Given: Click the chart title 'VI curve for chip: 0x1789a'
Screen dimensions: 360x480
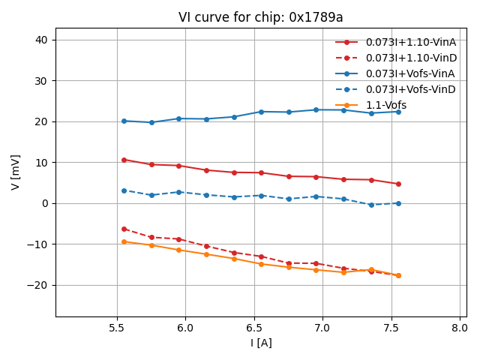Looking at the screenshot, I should tap(260, 17).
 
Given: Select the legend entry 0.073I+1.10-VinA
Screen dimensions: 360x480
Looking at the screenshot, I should tap(411, 42).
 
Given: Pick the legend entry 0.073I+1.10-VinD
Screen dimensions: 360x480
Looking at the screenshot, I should tap(411, 58).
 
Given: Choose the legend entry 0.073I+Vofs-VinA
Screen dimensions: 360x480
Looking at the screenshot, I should tap(410, 73).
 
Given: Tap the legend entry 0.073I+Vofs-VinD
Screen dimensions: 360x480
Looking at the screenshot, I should tap(410, 89).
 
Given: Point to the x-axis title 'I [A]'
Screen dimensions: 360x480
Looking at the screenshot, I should tap(261, 343).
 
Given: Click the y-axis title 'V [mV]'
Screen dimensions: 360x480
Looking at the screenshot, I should tap(16, 172).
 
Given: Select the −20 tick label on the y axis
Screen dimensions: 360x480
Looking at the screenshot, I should tap(39, 285).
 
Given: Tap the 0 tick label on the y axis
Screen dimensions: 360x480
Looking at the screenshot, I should tap(46, 203).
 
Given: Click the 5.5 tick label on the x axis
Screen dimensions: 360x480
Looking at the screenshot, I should tap(117, 328).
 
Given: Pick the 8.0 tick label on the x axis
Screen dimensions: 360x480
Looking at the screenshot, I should tap(460, 328).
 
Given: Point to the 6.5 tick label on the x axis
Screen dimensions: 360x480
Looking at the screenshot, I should tap(254, 328).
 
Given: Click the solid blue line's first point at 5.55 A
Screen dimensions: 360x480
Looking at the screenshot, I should tap(124, 121).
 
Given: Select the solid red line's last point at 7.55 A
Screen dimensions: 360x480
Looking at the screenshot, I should tap(398, 184).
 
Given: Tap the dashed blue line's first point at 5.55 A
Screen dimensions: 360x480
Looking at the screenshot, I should tap(124, 190).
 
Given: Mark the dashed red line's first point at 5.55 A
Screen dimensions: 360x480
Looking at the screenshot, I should tap(124, 229).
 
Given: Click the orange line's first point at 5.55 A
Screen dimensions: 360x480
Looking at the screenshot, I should tap(124, 241).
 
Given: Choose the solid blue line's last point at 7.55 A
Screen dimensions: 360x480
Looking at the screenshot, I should tap(398, 112).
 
